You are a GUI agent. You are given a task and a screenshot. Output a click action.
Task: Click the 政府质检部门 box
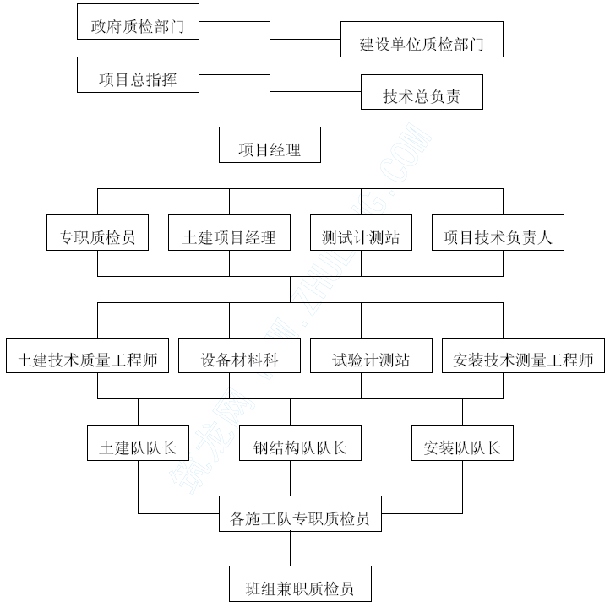click(x=138, y=22)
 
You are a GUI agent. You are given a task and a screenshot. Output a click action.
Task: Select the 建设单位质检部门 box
click(x=422, y=40)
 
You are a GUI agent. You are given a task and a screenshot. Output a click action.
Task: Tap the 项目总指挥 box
click(x=138, y=74)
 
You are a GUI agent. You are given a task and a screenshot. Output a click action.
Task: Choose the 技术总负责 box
click(x=422, y=92)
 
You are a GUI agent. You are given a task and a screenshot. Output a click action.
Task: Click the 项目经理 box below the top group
click(x=270, y=144)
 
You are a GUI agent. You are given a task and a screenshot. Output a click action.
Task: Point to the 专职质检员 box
click(x=97, y=232)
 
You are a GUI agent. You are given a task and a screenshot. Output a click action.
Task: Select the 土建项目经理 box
click(x=229, y=232)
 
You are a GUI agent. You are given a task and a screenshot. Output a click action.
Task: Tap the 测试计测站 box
click(x=361, y=232)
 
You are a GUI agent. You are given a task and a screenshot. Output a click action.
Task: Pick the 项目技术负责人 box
click(x=498, y=232)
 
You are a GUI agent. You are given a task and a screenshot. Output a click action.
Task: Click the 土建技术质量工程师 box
click(x=87, y=355)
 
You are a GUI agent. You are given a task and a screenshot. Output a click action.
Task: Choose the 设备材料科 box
click(x=239, y=355)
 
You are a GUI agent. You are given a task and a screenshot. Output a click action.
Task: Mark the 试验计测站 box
click(x=371, y=355)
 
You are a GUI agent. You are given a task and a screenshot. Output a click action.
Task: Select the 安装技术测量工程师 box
click(x=523, y=355)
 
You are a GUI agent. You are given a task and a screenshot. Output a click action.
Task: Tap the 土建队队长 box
click(x=138, y=443)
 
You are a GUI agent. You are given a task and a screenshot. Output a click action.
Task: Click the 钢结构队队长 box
click(x=300, y=443)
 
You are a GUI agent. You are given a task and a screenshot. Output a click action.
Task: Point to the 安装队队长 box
click(x=462, y=443)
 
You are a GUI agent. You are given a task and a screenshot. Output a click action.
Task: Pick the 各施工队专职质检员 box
click(x=300, y=513)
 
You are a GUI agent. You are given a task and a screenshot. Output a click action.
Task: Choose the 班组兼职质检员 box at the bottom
click(x=300, y=583)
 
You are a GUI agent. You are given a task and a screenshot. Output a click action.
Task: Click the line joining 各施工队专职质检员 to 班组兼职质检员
click(x=291, y=549)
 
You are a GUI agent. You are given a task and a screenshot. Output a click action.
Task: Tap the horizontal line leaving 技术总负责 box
click(x=315, y=92)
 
